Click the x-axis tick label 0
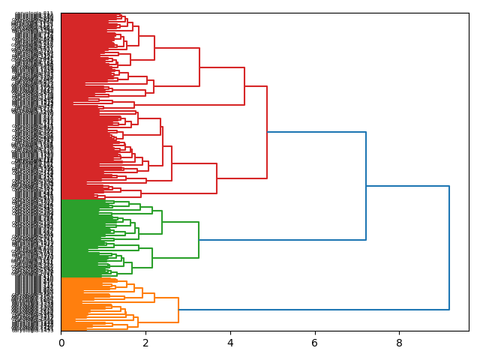pyautogui.click(x=61, y=343)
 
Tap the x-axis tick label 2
pyautogui.click(x=145, y=343)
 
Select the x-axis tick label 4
pyautogui.click(x=230, y=343)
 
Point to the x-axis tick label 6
pyautogui.click(x=315, y=343)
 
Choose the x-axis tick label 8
pyautogui.click(x=399, y=343)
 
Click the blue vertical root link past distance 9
pyautogui.click(x=449, y=247)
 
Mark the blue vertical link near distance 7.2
pyautogui.click(x=366, y=186)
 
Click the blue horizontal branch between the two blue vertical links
pyautogui.click(x=407, y=186)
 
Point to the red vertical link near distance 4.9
pyautogui.click(x=267, y=132)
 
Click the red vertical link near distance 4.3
pyautogui.click(x=244, y=86)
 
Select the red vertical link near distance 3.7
pyautogui.click(x=217, y=178)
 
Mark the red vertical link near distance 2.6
pyautogui.click(x=172, y=163)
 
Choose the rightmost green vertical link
pyautogui.click(x=199, y=240)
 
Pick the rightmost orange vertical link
pyautogui.click(x=178, y=310)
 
